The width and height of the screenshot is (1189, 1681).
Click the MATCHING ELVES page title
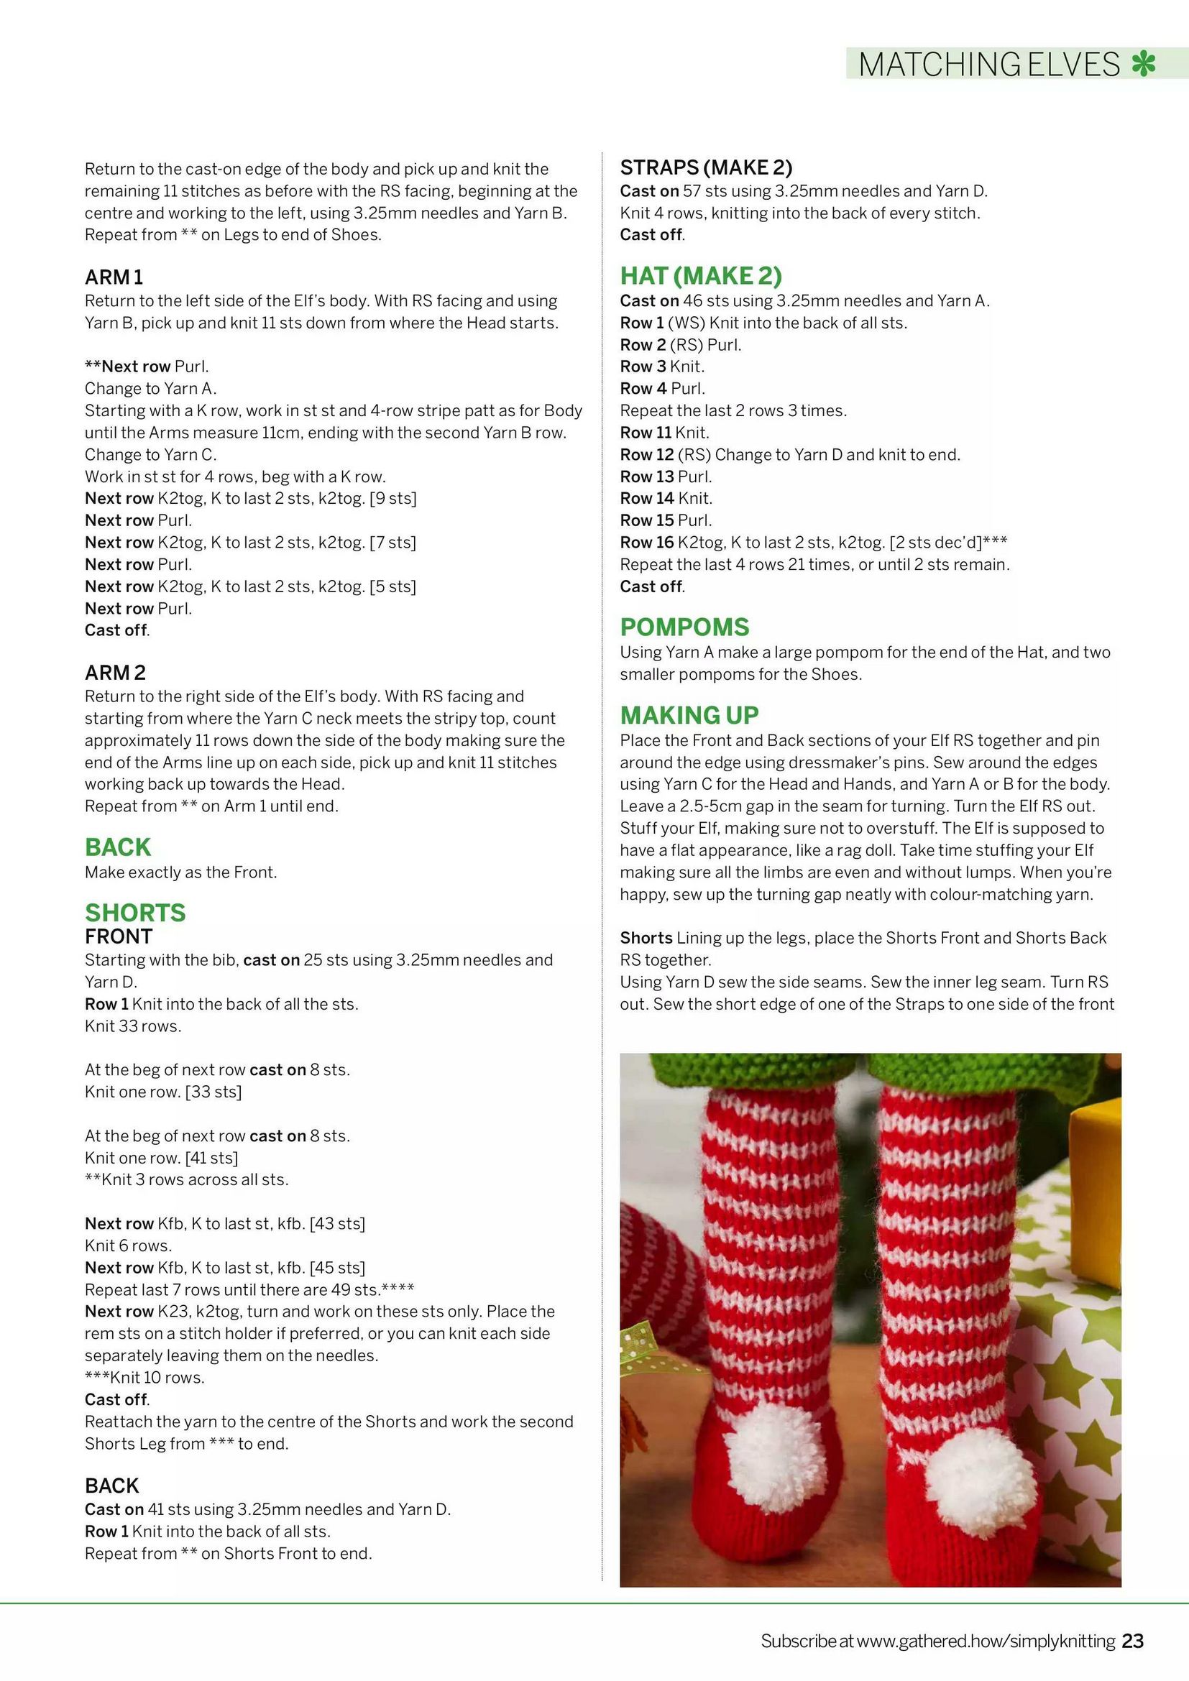point(989,65)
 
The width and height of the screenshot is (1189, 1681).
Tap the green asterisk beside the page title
point(1143,64)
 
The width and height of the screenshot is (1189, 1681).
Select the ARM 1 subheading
point(114,277)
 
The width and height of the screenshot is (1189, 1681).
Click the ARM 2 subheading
point(115,673)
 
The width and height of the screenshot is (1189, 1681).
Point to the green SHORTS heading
point(135,913)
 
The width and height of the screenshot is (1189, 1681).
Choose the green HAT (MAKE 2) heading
point(701,276)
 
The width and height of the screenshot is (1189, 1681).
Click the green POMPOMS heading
point(684,627)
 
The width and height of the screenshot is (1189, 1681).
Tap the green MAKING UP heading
point(689,715)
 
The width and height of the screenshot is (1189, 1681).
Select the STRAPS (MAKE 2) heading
point(706,167)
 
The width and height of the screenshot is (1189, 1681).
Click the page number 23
point(1133,1641)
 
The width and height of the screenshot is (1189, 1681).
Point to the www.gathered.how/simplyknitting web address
point(986,1641)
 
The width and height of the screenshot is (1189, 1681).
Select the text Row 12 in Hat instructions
point(646,455)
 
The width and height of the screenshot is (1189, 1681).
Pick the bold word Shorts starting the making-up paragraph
point(646,938)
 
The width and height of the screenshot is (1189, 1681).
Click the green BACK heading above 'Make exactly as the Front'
point(118,847)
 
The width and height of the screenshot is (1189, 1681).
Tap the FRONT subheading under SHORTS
point(119,936)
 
